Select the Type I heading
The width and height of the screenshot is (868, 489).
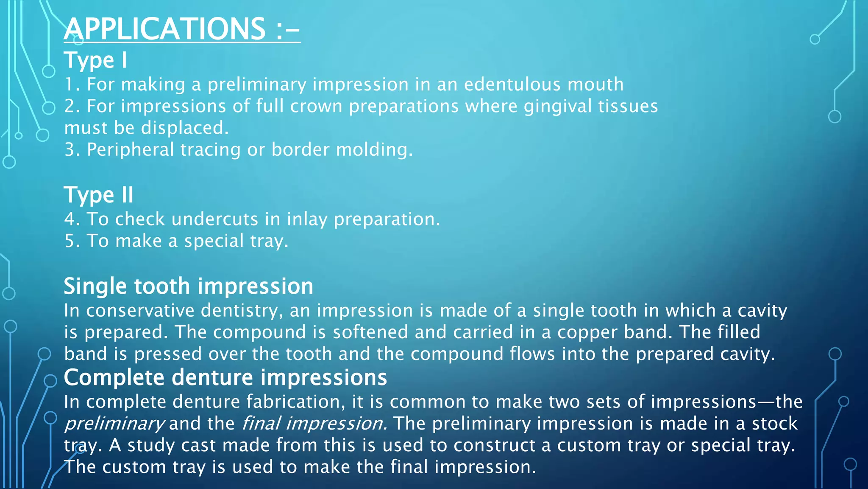[95, 60]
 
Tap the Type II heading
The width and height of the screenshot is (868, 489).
[98, 195]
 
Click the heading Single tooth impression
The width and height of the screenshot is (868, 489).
[188, 287]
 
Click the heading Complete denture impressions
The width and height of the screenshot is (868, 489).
[225, 378]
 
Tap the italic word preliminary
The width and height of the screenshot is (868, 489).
[114, 424]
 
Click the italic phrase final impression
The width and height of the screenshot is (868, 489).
[314, 424]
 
